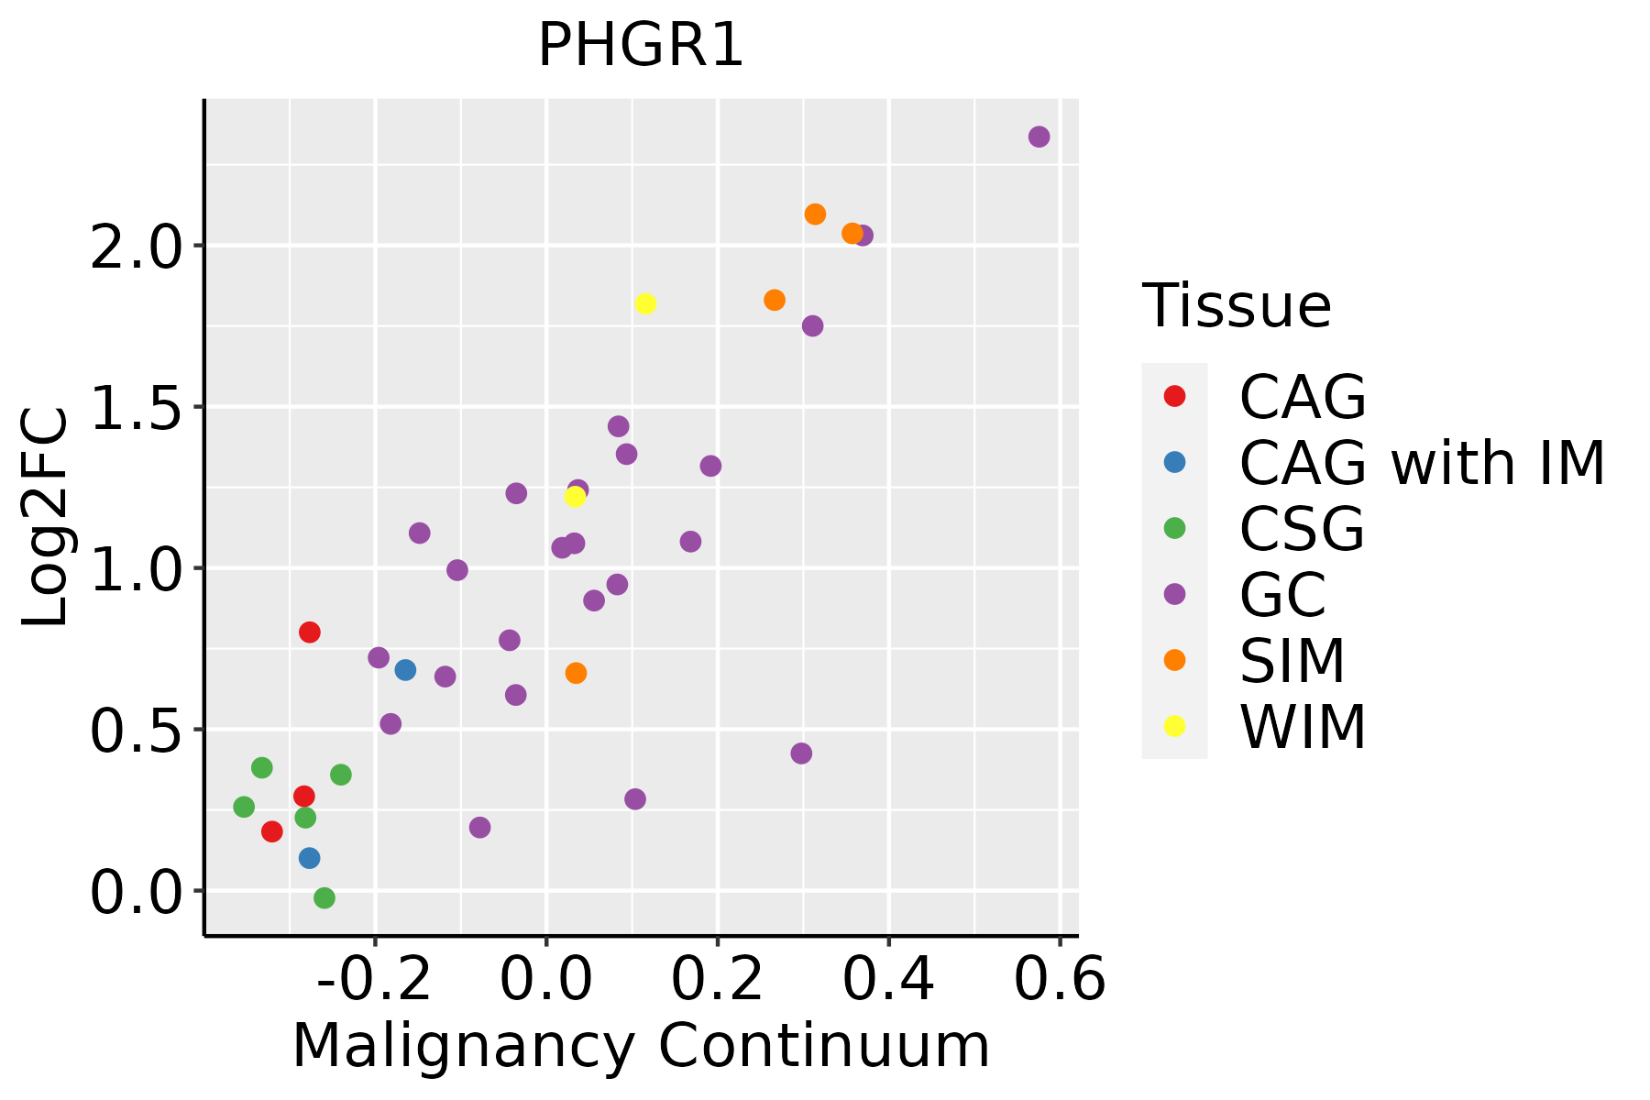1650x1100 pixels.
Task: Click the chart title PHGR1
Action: [x=640, y=46]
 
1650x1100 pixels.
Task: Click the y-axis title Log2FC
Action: [x=46, y=518]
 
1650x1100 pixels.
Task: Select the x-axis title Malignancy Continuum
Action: [x=640, y=1046]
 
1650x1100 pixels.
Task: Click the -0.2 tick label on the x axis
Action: [x=374, y=980]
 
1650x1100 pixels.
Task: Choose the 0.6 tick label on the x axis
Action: [x=1060, y=980]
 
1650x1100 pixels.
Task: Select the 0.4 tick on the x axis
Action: [x=888, y=980]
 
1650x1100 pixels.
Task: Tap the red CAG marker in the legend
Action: [x=1174, y=396]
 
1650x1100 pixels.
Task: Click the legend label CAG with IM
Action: [x=1422, y=463]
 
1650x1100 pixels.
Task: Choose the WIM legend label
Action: [x=1303, y=727]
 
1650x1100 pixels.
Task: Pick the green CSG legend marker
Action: [x=1174, y=528]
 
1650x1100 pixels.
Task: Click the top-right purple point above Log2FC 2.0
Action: [x=1039, y=137]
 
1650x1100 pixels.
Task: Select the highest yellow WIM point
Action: [x=645, y=303]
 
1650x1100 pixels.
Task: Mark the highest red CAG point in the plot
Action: [x=310, y=632]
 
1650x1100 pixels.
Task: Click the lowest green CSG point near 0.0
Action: [x=324, y=897]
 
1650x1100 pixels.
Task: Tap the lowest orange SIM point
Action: [x=576, y=673]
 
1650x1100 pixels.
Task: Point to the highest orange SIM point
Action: [x=815, y=214]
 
